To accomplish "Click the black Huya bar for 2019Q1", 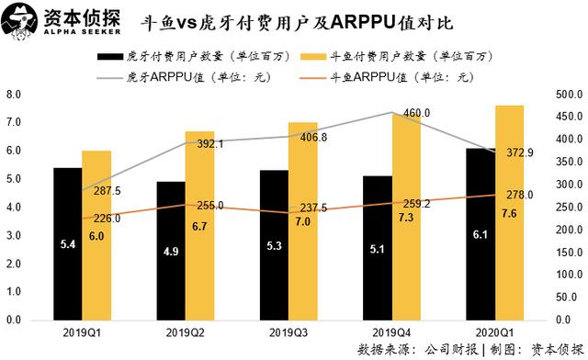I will (67, 243).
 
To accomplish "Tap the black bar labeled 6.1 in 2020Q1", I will (481, 234).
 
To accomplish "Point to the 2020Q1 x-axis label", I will (495, 332).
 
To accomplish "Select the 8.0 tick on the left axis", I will (14, 95).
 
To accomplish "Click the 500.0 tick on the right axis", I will (564, 95).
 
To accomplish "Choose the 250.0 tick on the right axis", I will (564, 208).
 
